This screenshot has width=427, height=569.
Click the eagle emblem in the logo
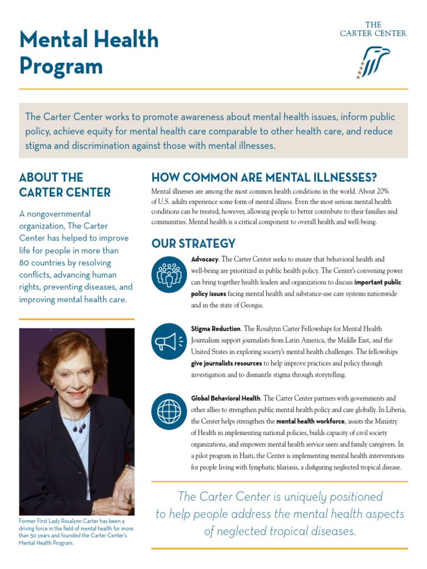(373, 62)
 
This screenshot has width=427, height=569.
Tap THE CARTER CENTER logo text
(373, 29)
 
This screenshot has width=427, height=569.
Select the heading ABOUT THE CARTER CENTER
(64, 185)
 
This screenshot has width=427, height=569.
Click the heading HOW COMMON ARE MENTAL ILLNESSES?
(264, 178)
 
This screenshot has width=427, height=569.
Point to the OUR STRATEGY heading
(193, 243)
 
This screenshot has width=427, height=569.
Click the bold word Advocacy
(205, 259)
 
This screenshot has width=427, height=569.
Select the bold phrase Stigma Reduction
(216, 329)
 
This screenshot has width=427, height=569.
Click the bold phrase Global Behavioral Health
(226, 398)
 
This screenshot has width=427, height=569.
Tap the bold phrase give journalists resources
(226, 363)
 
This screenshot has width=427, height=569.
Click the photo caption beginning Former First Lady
(75, 532)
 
